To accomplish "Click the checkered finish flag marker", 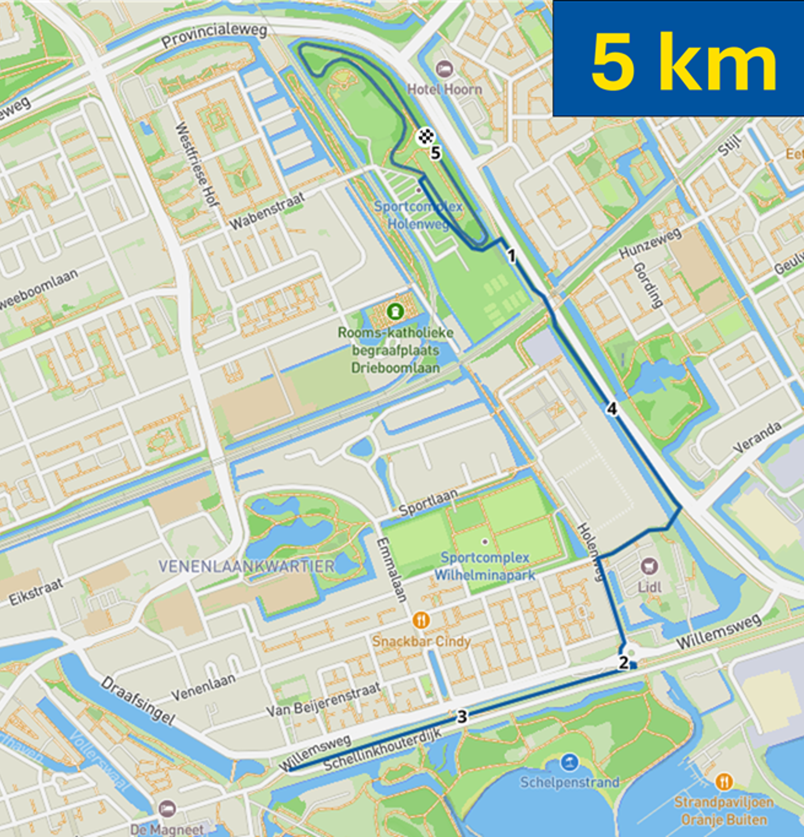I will tap(425, 136).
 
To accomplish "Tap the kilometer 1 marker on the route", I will tap(511, 256).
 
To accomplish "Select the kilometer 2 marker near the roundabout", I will tap(623, 662).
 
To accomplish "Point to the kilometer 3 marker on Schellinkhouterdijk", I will tap(462, 716).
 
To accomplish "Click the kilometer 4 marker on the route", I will tap(612, 409).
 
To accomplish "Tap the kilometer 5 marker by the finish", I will tap(435, 153).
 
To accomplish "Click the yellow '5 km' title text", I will tap(683, 62).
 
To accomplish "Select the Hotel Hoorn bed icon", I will tap(445, 69).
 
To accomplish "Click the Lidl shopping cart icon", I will tap(649, 567).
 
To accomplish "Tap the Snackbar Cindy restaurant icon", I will tap(421, 621).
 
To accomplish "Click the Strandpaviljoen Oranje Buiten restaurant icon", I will tap(724, 782).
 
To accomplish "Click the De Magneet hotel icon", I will tap(167, 809).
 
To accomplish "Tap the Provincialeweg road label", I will tap(214, 35).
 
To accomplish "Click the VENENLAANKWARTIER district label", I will tap(246, 567).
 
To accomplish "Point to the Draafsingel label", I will tap(138, 701).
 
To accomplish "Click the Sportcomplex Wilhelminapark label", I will tap(485, 566).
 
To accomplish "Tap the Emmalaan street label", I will tap(391, 570).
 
